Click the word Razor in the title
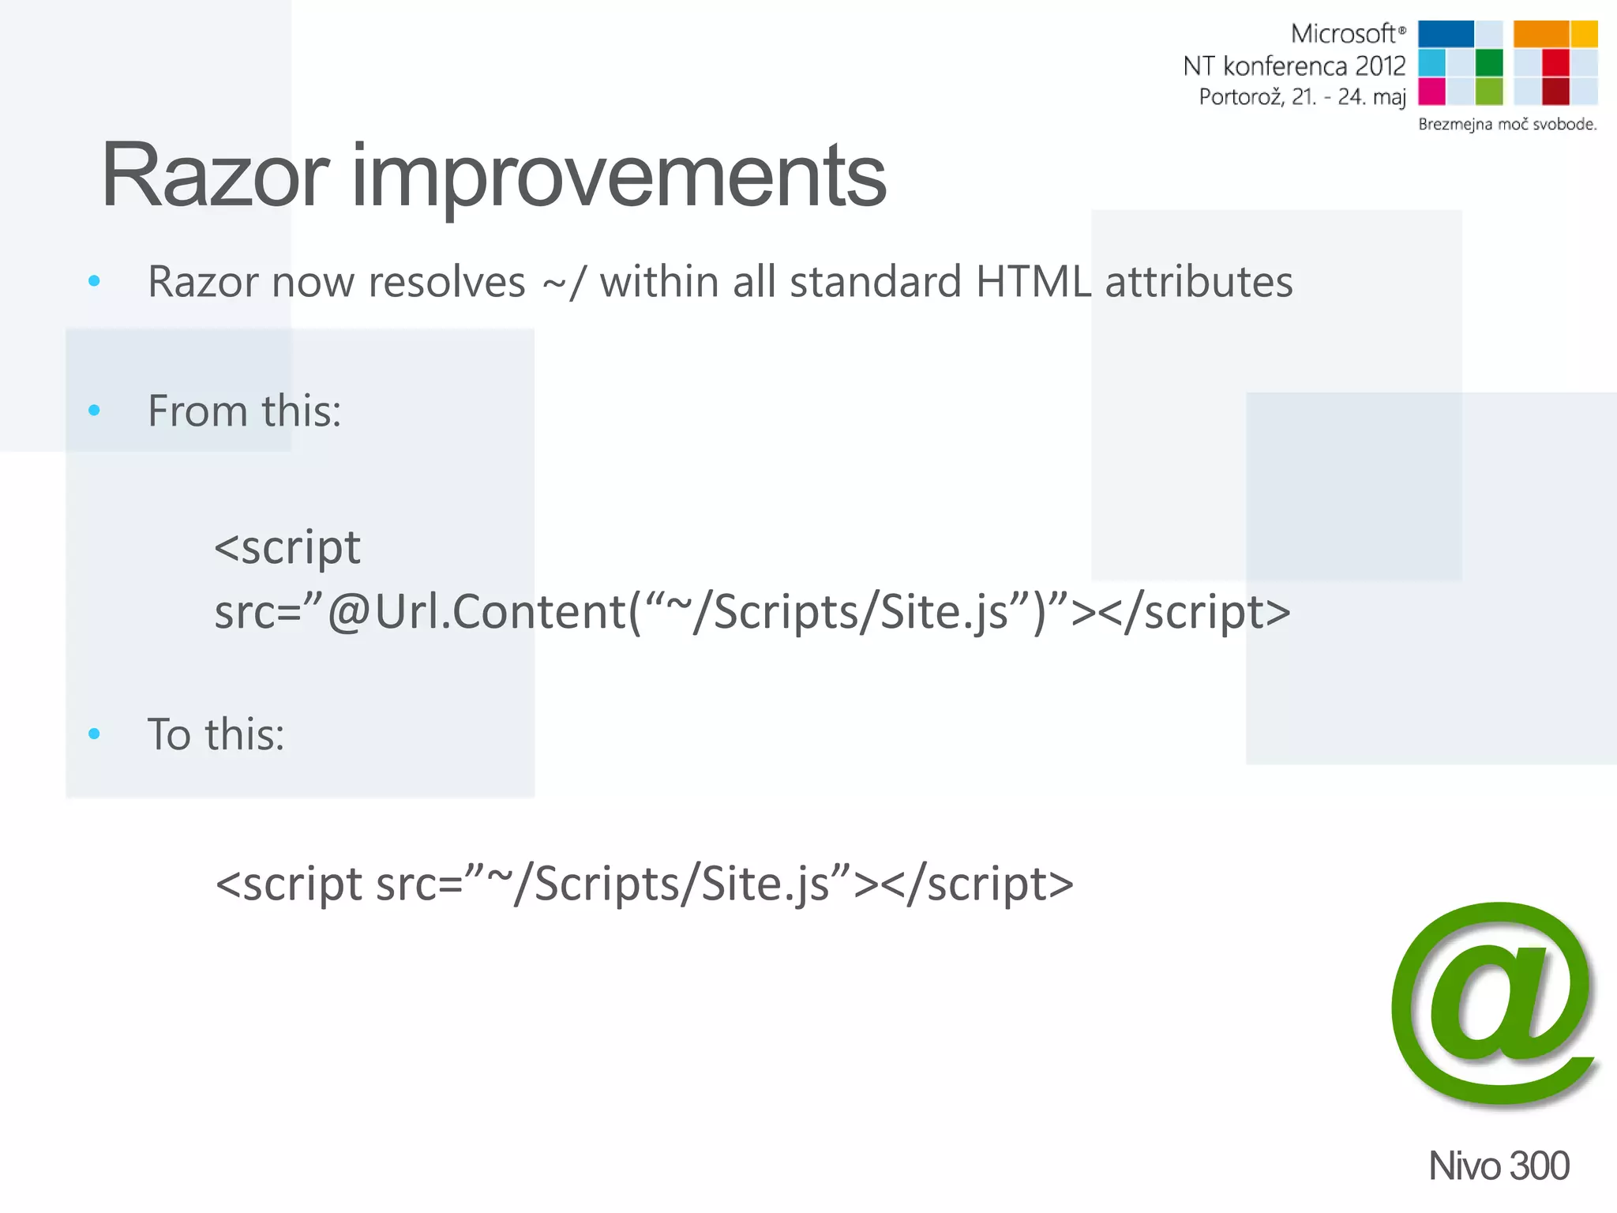215,175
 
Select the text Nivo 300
1498,1166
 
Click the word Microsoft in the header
1343,34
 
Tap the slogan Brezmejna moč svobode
1506,124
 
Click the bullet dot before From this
95,410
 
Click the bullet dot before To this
95,734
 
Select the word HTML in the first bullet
1034,281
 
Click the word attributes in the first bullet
1199,281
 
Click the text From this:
245,411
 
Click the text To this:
216,734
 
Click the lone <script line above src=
287,547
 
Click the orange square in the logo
1540,34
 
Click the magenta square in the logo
1431,91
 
